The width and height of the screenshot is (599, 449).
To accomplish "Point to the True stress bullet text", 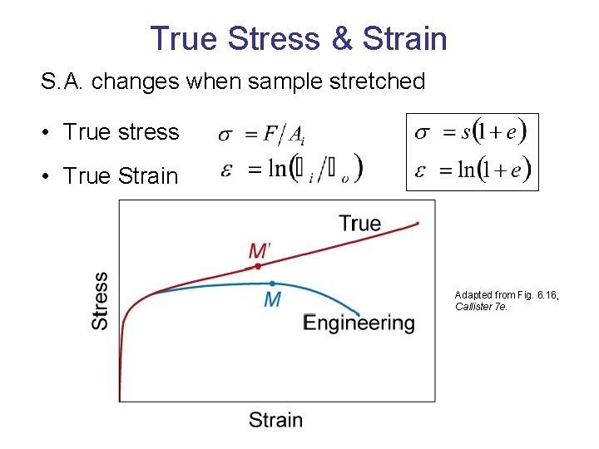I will [x=121, y=132].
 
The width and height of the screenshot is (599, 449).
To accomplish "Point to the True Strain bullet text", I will [x=121, y=176].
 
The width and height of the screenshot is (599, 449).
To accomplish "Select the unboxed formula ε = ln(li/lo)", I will [x=291, y=170].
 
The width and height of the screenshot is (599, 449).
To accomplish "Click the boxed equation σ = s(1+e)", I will [x=471, y=132].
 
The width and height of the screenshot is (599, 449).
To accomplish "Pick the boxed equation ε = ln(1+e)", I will [x=471, y=170].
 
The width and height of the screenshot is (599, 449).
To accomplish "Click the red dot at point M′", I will [x=258, y=266].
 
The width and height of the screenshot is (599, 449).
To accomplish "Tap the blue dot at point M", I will [x=272, y=284].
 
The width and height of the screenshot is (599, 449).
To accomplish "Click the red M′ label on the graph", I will [x=260, y=250].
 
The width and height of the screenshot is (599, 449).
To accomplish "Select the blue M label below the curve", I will [x=272, y=300].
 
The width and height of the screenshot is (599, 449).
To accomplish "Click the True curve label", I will [x=359, y=223].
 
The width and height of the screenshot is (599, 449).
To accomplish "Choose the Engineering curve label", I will [x=359, y=323].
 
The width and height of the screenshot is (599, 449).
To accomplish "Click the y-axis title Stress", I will [x=100, y=301].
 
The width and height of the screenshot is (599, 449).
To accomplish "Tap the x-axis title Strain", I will [x=275, y=419].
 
